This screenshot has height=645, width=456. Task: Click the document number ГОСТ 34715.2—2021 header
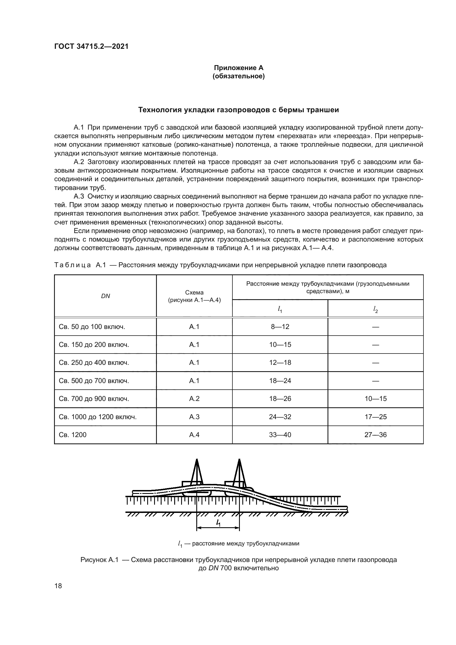point(91,46)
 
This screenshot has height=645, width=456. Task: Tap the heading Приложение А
point(239,68)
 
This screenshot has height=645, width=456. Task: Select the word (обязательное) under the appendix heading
point(239,76)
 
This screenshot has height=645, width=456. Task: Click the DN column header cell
point(105,296)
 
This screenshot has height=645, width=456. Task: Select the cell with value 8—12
point(280,327)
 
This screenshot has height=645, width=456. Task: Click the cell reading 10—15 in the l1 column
point(280,345)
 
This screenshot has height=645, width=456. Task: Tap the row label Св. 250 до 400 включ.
point(94,363)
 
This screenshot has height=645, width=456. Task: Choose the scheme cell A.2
point(194,399)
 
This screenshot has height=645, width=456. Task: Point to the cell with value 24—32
point(280,417)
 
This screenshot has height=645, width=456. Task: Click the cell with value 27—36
point(375,435)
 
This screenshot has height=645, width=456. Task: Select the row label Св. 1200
point(73,435)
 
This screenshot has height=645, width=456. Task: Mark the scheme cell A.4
point(194,435)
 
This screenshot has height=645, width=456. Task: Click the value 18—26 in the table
point(280,399)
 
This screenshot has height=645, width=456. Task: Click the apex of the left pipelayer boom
point(197,460)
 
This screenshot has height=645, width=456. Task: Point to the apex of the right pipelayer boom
point(239,460)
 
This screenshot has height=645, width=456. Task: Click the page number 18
point(58,586)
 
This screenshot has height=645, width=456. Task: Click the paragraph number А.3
point(79,196)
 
